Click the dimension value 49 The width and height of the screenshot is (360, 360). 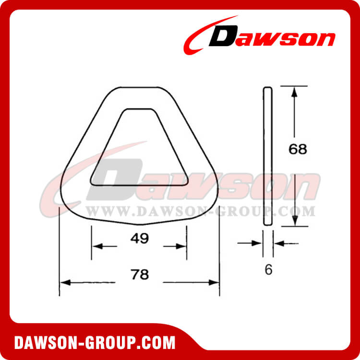click(x=139, y=238)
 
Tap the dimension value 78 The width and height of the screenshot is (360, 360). click(x=139, y=275)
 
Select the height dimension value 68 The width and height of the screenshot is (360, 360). click(x=298, y=149)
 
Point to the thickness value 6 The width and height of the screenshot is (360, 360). click(x=268, y=270)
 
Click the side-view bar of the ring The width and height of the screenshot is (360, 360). click(x=268, y=156)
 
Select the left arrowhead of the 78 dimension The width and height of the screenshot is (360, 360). click(x=63, y=283)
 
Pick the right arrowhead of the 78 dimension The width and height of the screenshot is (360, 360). click(x=215, y=283)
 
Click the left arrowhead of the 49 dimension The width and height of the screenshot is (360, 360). click(x=96, y=247)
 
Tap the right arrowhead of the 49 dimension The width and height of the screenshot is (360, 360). click(x=182, y=247)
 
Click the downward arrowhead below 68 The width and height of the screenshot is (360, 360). click(x=295, y=221)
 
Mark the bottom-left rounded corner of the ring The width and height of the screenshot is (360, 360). click(x=68, y=204)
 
